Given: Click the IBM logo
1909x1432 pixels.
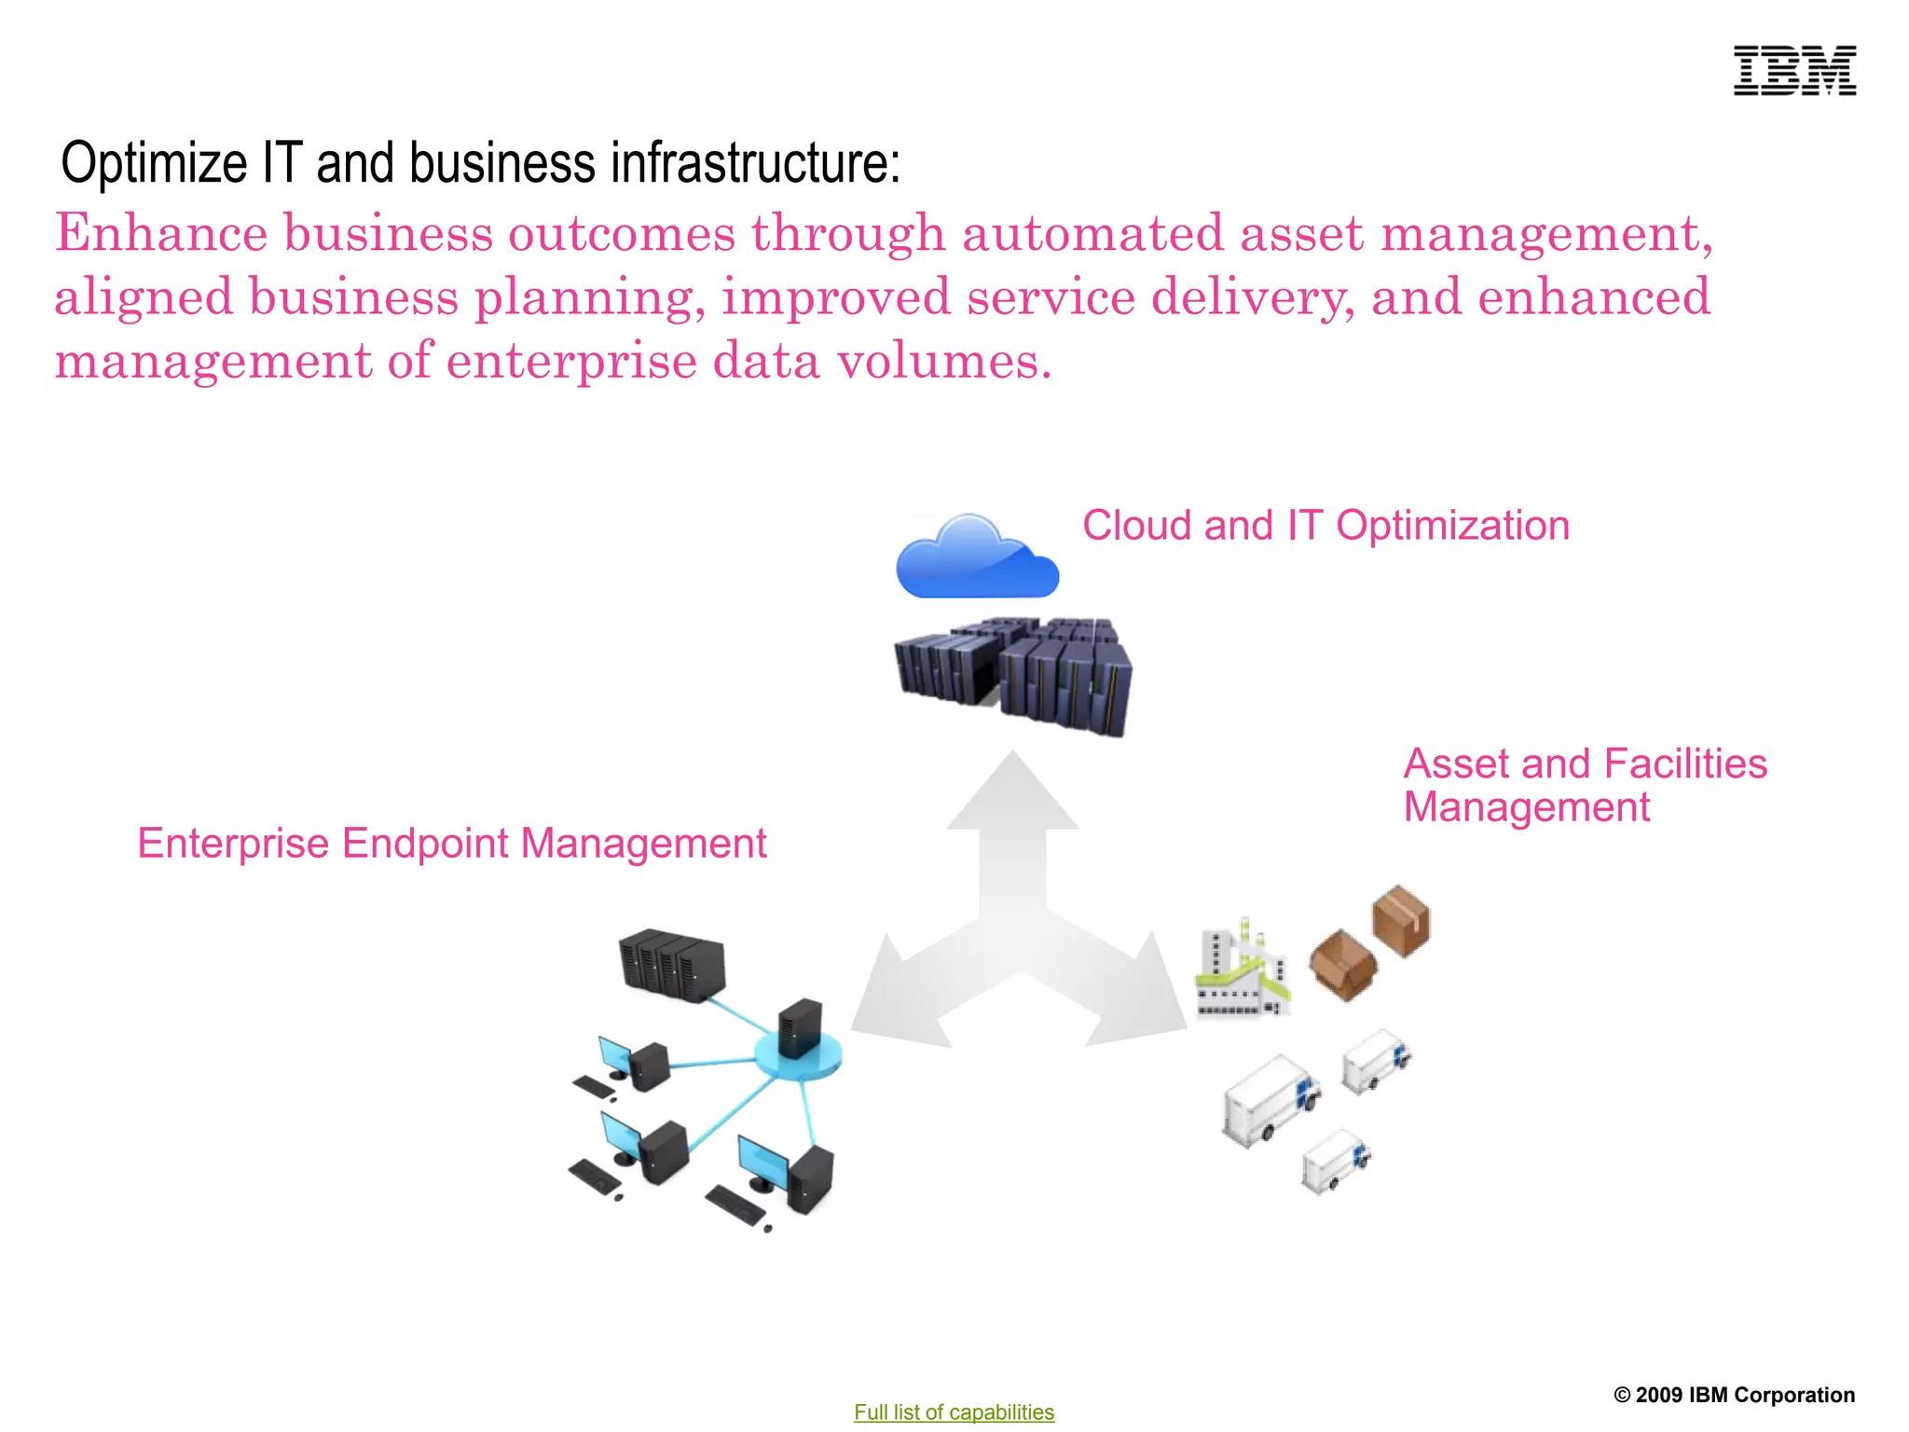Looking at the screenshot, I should [1794, 71].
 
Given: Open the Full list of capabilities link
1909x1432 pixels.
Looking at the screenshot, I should [954, 1411].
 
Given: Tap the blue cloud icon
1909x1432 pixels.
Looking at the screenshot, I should [976, 558].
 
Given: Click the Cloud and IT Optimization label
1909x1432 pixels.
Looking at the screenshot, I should [1325, 526].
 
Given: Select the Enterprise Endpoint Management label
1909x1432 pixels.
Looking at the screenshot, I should [452, 844].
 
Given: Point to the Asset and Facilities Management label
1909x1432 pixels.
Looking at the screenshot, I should [1585, 785].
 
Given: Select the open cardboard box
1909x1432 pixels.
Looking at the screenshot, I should [1343, 965].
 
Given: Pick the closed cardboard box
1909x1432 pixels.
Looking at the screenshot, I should [1401, 921].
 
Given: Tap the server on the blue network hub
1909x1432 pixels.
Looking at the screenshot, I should [800, 1029].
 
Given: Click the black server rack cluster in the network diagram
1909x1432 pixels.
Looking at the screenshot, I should [672, 965].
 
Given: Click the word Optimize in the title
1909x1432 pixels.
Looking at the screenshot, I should [154, 163].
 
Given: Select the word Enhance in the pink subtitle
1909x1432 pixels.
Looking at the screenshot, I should [161, 233].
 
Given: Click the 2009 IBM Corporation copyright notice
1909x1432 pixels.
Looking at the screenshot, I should [1734, 1395].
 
